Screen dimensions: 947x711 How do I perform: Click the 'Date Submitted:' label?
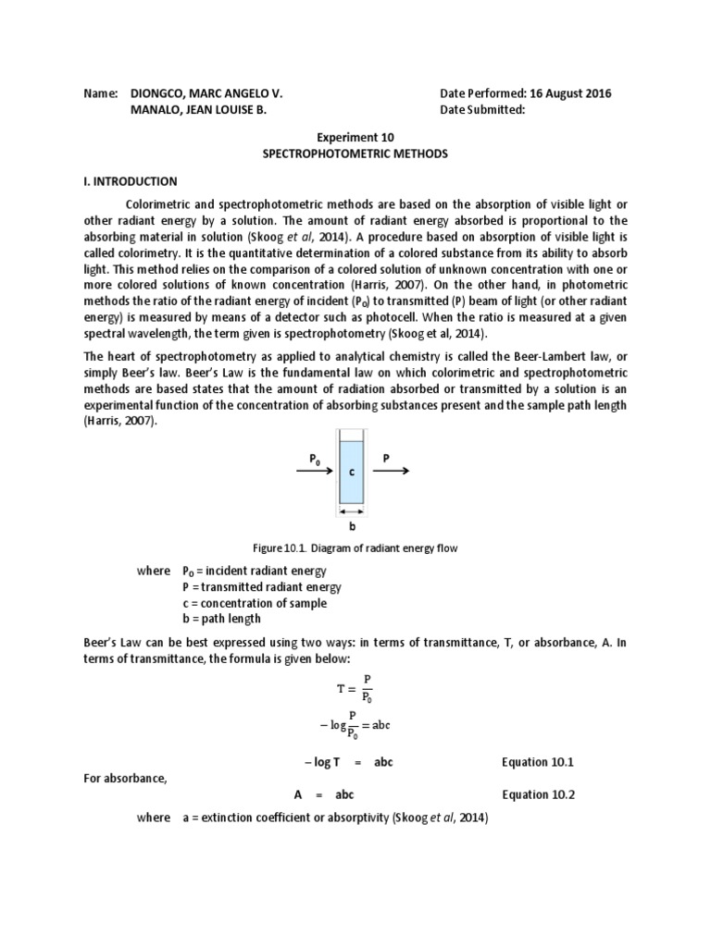[482, 110]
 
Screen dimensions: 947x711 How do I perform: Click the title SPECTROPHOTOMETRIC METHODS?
[355, 154]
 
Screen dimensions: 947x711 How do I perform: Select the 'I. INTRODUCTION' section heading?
[131, 181]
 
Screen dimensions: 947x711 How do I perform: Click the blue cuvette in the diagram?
[351, 472]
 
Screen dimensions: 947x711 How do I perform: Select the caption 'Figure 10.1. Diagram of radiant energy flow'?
[355, 548]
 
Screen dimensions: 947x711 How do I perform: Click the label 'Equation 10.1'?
[538, 762]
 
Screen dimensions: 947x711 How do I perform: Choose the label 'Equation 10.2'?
[538, 794]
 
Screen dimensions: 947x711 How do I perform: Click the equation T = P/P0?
[355, 689]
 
